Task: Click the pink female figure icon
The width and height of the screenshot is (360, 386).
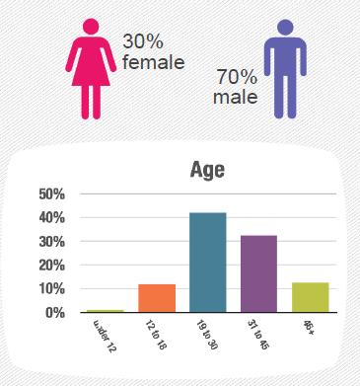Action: [x=91, y=69]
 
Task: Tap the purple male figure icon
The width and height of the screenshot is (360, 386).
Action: [x=285, y=69]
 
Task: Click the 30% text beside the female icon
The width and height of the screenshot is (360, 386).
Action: [x=143, y=41]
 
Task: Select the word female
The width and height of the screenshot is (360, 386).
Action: [x=153, y=62]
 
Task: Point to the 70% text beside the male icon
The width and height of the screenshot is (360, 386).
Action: [x=237, y=77]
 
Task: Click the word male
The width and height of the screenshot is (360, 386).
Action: [x=235, y=97]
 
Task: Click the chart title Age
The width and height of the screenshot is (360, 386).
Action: [x=207, y=170]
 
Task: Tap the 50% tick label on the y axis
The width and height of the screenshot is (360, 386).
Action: [x=52, y=194]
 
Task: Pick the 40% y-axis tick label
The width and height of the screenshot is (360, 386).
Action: [x=52, y=218]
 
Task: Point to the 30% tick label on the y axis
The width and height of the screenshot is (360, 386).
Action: [x=52, y=242]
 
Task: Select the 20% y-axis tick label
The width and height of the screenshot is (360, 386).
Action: [x=52, y=266]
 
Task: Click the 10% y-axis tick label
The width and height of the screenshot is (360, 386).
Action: [x=52, y=289]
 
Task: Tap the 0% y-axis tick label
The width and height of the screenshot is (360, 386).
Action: [x=55, y=313]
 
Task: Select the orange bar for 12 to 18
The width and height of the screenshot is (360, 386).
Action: [x=157, y=298]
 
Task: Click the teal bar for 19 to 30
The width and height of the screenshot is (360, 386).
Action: [x=208, y=263]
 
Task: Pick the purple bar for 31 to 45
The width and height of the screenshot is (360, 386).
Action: [x=258, y=273]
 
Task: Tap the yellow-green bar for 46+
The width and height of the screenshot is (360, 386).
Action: [x=311, y=297]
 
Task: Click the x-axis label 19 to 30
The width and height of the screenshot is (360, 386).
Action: [x=207, y=335]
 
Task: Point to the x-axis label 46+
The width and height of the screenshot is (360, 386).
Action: [x=309, y=328]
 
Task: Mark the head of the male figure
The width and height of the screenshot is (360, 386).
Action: [x=285, y=28]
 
